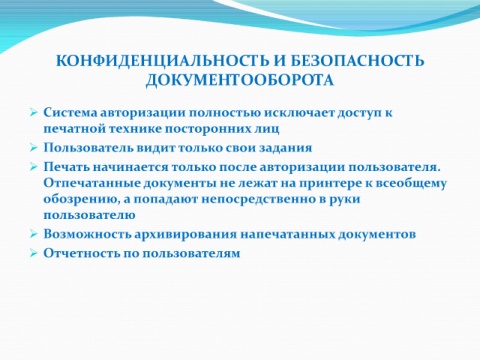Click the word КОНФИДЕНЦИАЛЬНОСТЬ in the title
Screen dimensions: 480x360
[162, 61]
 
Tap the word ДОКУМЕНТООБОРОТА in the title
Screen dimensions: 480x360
[240, 80]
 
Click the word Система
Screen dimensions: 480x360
[70, 112]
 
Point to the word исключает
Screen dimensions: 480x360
[299, 112]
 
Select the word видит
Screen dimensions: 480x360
[155, 148]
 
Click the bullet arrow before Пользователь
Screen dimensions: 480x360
[33, 148]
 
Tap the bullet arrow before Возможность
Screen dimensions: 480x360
[33, 234]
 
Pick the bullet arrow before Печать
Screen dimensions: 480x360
[33, 167]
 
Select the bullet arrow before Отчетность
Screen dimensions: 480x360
[33, 253]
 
